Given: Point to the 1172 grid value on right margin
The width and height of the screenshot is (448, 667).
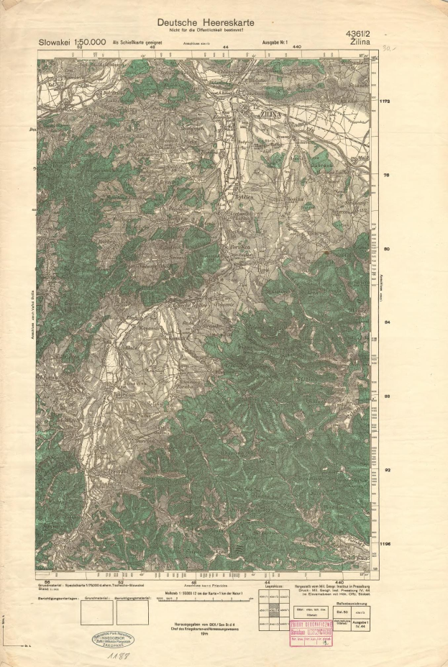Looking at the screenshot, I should (386, 102).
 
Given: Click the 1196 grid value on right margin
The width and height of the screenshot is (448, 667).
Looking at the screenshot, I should (386, 544).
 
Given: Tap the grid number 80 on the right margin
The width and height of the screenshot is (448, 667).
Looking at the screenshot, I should (386, 249).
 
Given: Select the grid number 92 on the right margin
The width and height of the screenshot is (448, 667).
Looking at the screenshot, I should (386, 470).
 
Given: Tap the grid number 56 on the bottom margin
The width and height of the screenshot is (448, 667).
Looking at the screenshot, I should (47, 581).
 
